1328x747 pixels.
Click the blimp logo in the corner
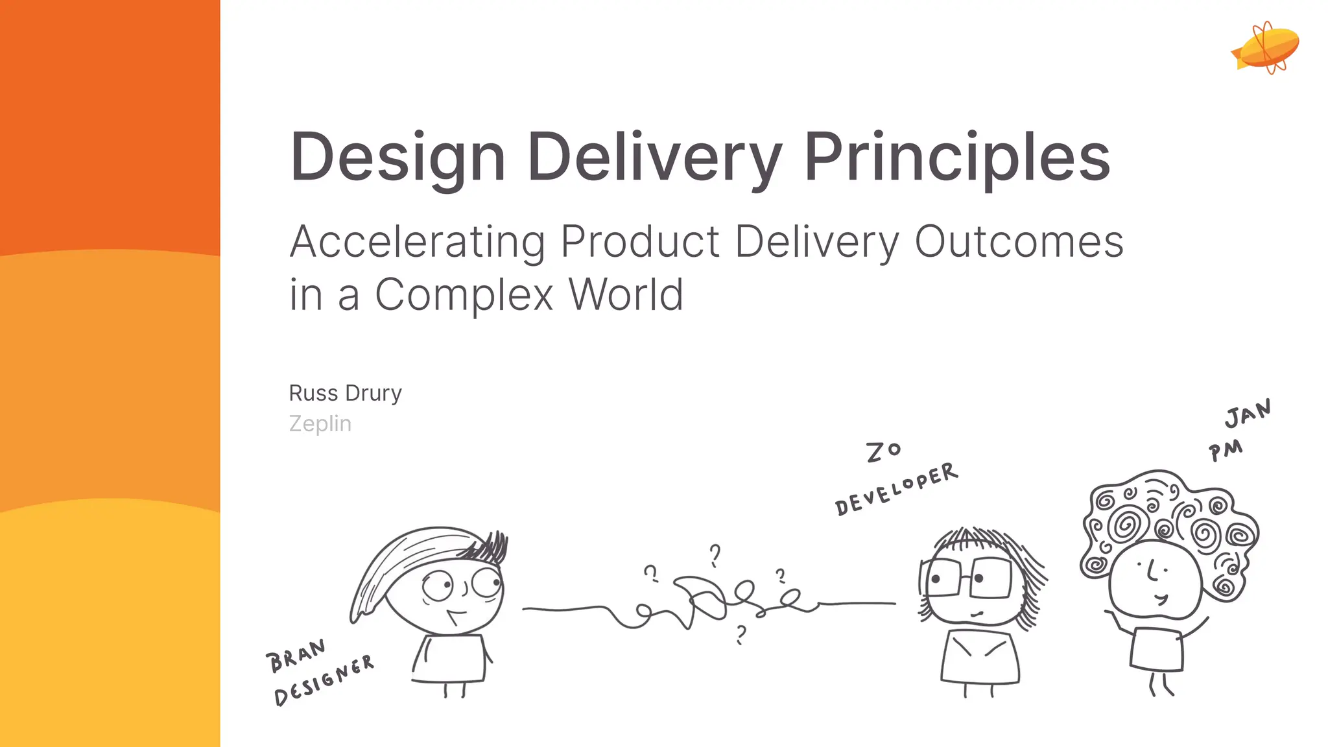click(x=1266, y=48)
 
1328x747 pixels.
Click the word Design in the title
click(x=397, y=158)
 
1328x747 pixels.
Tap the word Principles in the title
click(x=957, y=158)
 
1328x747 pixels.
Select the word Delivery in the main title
click(x=654, y=158)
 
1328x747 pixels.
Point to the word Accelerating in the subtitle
click(x=417, y=243)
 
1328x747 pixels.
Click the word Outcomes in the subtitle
click(x=1019, y=241)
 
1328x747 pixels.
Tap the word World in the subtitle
click(x=626, y=294)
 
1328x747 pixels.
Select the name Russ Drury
click(x=345, y=393)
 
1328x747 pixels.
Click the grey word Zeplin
click(x=320, y=423)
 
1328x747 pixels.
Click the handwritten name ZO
click(x=883, y=451)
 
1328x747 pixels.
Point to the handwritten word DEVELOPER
click(x=896, y=489)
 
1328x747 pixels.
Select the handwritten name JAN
click(x=1248, y=413)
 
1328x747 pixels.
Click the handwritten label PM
click(x=1226, y=450)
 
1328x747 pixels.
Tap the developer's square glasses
click(x=968, y=577)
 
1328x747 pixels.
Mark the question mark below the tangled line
click(x=741, y=634)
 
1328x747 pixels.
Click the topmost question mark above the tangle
click(x=715, y=555)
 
